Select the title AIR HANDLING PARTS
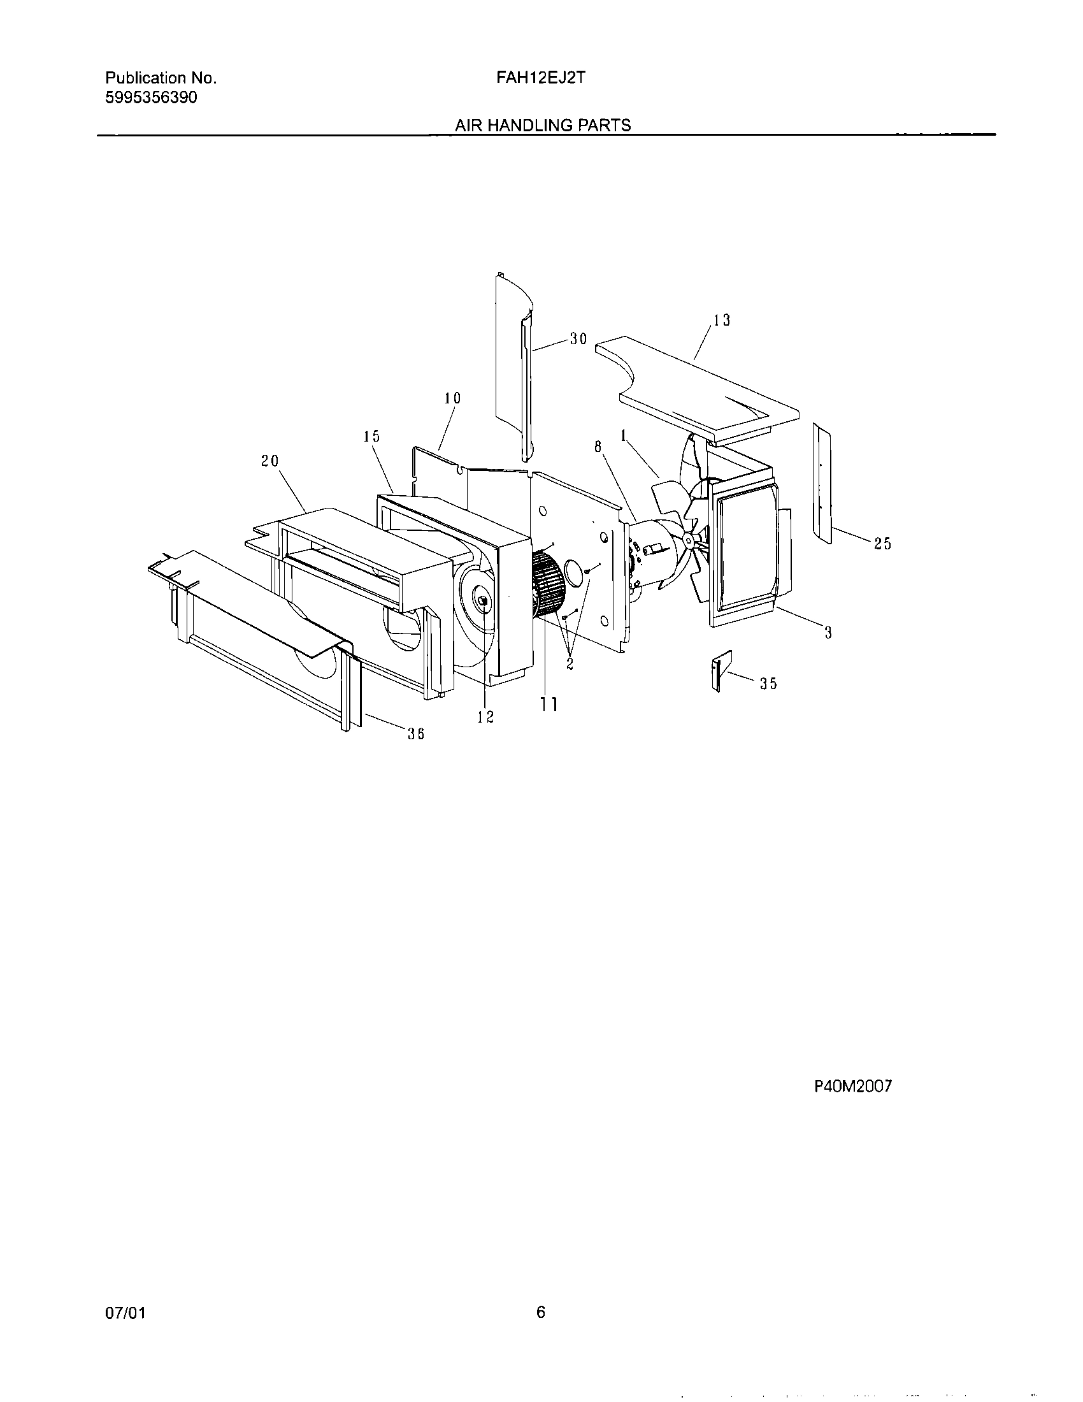click(x=543, y=125)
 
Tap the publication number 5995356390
click(x=151, y=98)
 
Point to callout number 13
click(x=722, y=321)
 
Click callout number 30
click(x=578, y=339)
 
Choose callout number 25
click(x=883, y=544)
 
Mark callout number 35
click(x=769, y=684)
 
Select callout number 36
click(x=416, y=734)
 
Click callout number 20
click(x=269, y=461)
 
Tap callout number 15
click(x=371, y=437)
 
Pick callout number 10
click(x=452, y=398)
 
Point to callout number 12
click(x=485, y=717)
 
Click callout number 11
click(x=548, y=704)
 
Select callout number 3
click(x=828, y=633)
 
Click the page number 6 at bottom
click(x=540, y=1313)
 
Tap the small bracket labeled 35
click(x=719, y=672)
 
